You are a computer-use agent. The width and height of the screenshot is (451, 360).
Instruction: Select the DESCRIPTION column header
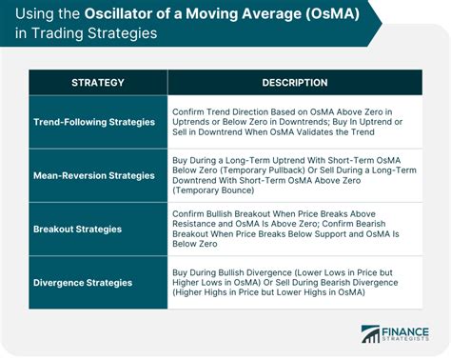pos(294,82)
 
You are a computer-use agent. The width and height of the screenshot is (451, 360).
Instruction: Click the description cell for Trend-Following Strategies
pos(294,122)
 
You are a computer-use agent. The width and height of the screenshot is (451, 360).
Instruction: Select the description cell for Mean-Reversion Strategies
pos(294,175)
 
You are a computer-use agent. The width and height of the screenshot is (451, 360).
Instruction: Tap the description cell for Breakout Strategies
pos(294,230)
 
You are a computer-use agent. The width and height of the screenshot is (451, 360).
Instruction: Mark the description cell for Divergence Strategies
pos(294,283)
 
